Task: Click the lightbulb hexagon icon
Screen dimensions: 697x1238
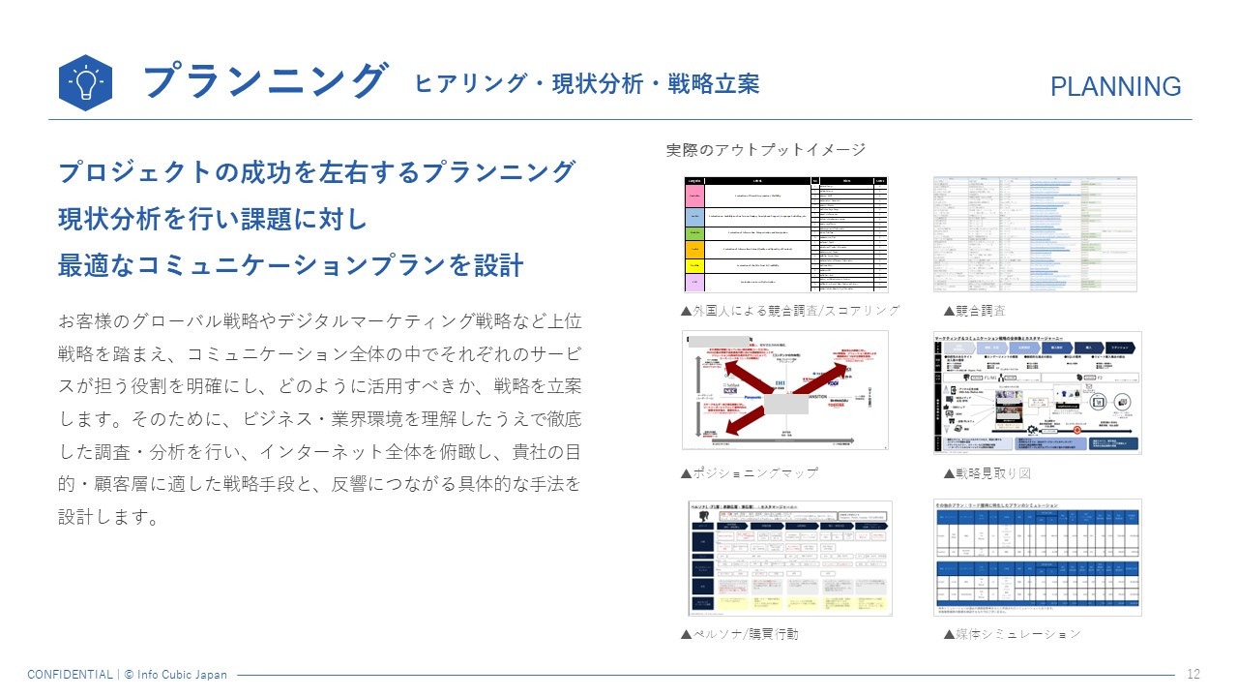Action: click(85, 82)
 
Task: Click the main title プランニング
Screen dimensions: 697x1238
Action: click(265, 81)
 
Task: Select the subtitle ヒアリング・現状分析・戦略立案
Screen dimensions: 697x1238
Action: click(586, 84)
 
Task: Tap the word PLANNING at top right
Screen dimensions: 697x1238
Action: click(1115, 87)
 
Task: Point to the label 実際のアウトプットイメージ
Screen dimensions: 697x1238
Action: click(765, 150)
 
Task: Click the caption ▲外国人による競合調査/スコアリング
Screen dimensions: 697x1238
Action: click(790, 311)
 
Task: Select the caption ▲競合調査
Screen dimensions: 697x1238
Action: click(974, 311)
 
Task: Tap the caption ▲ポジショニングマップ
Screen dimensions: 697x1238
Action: click(750, 472)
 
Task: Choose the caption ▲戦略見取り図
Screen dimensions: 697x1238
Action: click(987, 472)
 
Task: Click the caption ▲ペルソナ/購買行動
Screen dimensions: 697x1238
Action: click(740, 634)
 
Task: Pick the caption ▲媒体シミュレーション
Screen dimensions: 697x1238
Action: click(1012, 634)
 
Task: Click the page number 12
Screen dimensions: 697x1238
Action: click(1193, 675)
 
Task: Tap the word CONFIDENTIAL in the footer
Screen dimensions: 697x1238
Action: click(70, 675)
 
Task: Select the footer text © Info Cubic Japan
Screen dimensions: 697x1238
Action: click(175, 675)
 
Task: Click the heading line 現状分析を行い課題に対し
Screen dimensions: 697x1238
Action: click(213, 220)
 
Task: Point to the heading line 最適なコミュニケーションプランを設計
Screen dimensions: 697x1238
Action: click(290, 265)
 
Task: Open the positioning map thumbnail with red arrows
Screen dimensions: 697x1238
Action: click(784, 390)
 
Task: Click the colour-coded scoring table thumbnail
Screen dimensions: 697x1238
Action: click(784, 234)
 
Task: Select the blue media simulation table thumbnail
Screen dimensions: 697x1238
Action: click(1037, 558)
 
